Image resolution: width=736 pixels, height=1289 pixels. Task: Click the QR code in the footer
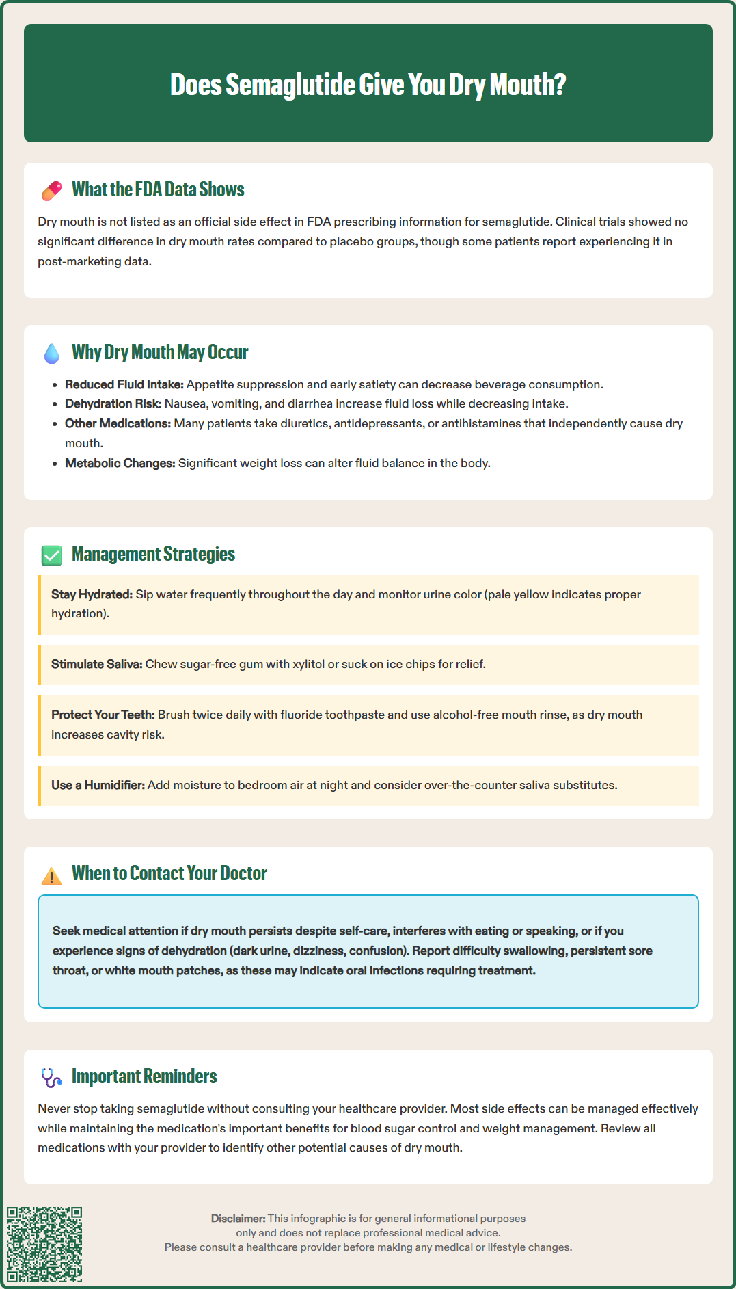[44, 1244]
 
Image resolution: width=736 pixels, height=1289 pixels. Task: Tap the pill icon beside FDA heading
[51, 191]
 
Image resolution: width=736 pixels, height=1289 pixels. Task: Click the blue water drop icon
[51, 353]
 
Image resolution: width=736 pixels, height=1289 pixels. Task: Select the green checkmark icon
[51, 555]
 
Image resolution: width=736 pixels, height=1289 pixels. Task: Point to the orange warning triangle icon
[51, 875]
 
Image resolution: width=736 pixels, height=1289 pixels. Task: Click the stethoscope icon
[51, 1078]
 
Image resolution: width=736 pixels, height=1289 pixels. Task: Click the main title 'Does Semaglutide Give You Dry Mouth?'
[368, 84]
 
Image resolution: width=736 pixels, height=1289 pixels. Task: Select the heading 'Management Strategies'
[153, 554]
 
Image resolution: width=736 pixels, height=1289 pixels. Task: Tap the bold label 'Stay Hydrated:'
[92, 594]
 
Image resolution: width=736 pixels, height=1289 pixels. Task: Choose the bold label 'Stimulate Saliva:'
[96, 664]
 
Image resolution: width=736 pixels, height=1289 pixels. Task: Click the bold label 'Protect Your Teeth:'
[103, 715]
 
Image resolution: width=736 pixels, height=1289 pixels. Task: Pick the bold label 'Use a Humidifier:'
[98, 785]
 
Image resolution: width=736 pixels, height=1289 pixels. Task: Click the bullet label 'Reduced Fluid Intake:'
[124, 384]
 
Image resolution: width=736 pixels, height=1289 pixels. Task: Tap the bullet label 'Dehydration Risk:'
[113, 403]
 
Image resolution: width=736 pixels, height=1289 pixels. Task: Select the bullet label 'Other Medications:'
[118, 423]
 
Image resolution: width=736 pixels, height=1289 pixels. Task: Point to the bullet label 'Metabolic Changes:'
[120, 463]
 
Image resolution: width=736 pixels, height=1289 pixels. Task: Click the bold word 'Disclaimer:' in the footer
[238, 1218]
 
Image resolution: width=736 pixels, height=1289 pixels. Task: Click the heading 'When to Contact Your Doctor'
[169, 873]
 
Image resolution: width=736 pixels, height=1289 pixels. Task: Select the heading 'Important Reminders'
[144, 1076]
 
